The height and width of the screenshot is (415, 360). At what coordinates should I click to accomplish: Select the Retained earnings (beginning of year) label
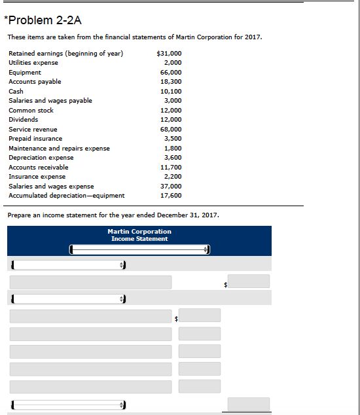click(65, 53)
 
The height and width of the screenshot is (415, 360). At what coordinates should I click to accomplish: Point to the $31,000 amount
click(170, 53)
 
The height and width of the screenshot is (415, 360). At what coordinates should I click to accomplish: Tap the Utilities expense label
click(33, 62)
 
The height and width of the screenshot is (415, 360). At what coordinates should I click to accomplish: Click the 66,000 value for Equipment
click(171, 72)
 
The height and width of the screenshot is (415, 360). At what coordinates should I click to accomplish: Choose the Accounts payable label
click(35, 81)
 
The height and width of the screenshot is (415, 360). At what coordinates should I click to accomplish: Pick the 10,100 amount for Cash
click(171, 91)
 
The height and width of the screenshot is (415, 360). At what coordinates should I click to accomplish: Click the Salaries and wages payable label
click(50, 100)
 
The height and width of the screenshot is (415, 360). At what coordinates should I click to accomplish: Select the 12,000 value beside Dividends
click(171, 120)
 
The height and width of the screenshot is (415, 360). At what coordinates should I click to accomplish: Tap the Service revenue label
click(33, 129)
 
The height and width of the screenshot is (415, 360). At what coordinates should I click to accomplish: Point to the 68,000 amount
click(171, 129)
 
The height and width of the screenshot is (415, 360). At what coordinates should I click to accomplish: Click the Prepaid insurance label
click(35, 139)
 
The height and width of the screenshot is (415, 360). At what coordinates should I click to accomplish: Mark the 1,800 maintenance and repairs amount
click(173, 148)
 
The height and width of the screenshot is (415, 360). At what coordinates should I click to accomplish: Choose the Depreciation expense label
click(41, 158)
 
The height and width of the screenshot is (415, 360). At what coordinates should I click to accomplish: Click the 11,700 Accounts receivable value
click(171, 167)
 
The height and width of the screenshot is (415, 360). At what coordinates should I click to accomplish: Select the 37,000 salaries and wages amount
click(171, 186)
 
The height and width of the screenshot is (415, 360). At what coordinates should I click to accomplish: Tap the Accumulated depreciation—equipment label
click(67, 195)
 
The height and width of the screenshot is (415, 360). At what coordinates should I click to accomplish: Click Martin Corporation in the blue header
click(139, 232)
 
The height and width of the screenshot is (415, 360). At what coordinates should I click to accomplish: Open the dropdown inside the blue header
click(140, 249)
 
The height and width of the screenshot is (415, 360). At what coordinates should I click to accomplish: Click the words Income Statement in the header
click(139, 239)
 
